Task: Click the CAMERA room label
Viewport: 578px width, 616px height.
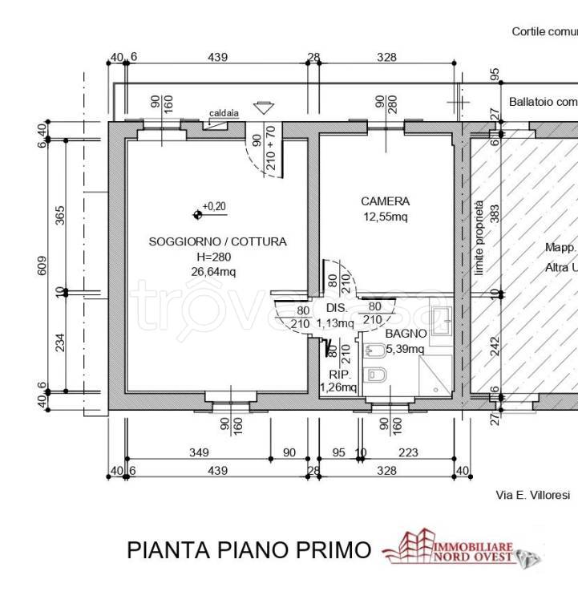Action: click(x=385, y=202)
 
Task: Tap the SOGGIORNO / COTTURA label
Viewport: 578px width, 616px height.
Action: click(x=217, y=241)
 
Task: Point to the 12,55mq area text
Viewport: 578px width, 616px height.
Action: click(x=386, y=217)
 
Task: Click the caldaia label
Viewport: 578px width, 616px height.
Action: click(x=222, y=114)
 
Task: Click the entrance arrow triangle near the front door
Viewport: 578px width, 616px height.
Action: click(x=262, y=108)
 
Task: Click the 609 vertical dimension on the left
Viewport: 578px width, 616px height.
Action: click(x=42, y=265)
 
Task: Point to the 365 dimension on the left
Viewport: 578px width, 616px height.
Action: click(x=60, y=215)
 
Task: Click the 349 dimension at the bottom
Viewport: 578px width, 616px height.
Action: click(x=199, y=453)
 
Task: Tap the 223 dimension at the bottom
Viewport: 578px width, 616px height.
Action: click(x=408, y=453)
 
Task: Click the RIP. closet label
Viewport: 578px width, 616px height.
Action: click(x=338, y=375)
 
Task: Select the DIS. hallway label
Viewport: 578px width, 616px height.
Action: click(x=335, y=308)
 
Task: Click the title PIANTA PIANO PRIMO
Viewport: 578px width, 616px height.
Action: click(x=249, y=550)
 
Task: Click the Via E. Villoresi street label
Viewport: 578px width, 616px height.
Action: click(x=532, y=496)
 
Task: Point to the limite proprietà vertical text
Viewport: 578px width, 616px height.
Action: click(x=479, y=238)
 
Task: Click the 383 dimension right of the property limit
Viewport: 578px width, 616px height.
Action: click(x=495, y=213)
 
